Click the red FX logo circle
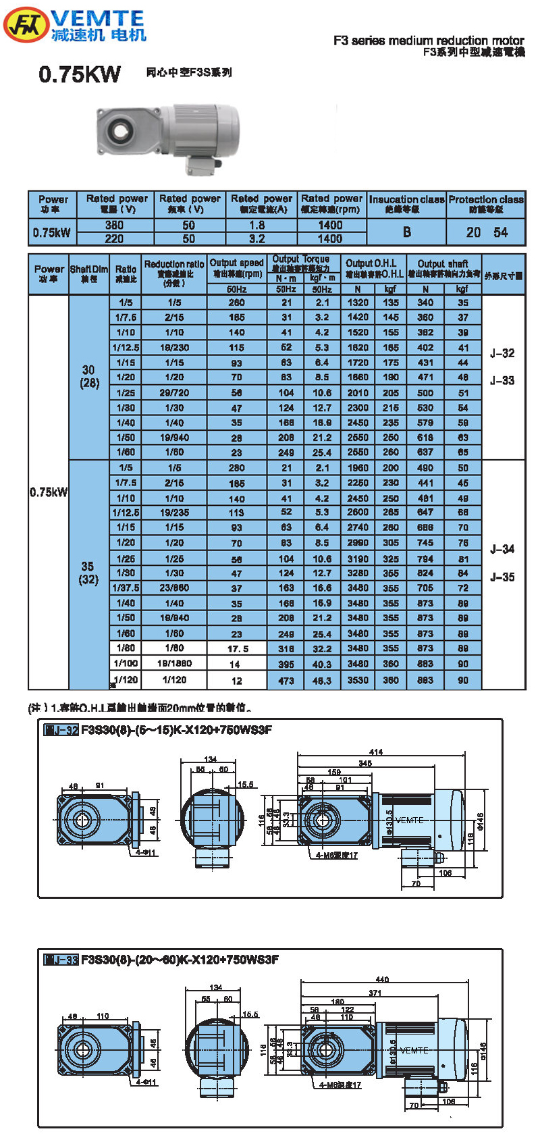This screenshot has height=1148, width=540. (26, 26)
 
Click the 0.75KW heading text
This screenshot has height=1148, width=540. (80, 74)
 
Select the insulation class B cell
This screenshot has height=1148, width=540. (406, 232)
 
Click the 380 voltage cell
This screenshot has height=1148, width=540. (114, 225)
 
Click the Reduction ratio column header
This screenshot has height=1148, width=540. (174, 273)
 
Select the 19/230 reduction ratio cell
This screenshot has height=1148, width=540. (174, 347)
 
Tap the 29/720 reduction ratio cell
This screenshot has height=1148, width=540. (174, 392)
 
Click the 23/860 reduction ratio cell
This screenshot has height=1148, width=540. (174, 588)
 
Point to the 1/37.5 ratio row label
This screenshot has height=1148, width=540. (126, 588)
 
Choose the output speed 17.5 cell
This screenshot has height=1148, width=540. (237, 648)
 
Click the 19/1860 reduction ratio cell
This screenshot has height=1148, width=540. (174, 663)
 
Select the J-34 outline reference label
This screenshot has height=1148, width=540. (502, 549)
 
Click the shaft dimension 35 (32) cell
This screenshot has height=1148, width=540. (88, 573)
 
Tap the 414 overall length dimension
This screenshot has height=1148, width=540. (376, 752)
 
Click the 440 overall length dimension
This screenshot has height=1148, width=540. (382, 979)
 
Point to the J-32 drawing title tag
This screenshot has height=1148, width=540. (61, 730)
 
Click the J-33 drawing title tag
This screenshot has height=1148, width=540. (61, 960)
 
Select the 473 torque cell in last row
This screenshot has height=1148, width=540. (286, 681)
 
